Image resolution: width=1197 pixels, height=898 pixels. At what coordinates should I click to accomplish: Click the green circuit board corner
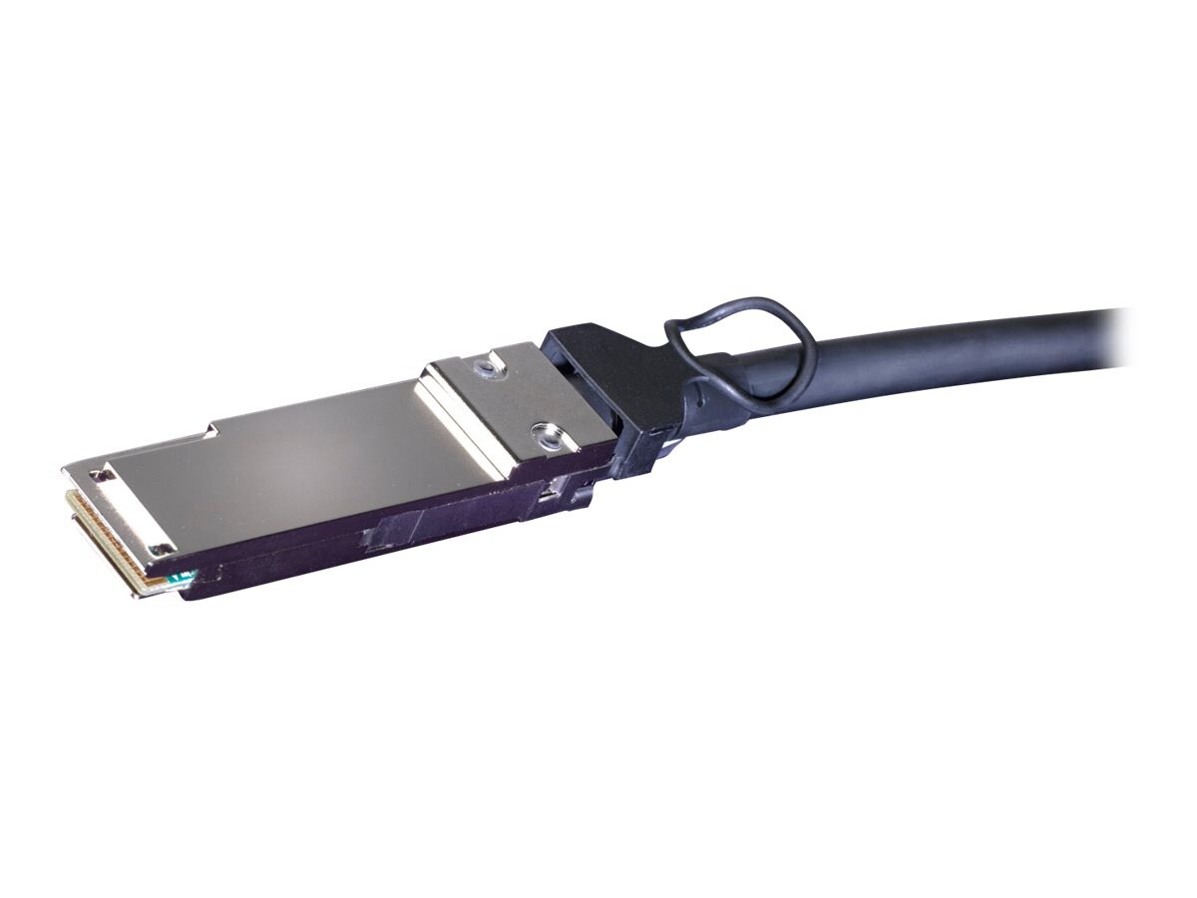(181, 577)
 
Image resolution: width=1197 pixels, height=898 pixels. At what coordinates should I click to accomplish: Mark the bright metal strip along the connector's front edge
(120, 509)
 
